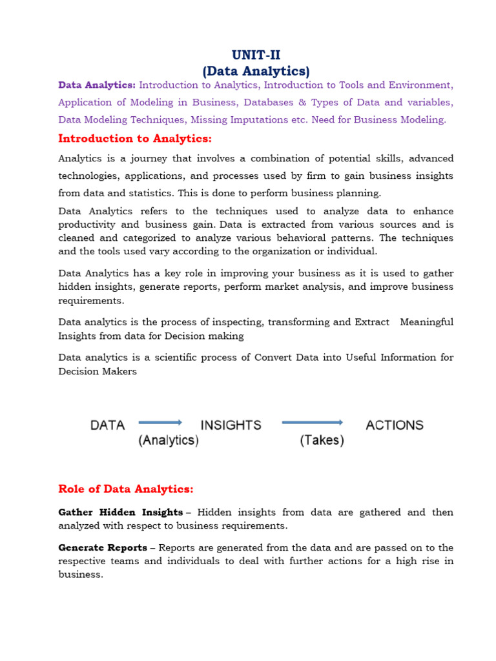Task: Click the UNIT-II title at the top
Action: tap(257, 56)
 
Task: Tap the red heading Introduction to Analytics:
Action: tap(135, 139)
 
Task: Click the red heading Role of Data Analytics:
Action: tap(126, 489)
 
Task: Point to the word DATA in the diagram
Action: tap(108, 425)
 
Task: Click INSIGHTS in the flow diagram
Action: tap(231, 425)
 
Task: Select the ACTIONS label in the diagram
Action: tap(395, 425)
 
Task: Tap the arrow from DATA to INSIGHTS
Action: tap(161, 423)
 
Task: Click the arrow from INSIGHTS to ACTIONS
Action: tap(312, 423)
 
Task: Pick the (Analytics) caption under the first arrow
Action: tap(169, 441)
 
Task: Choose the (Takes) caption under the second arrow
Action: tap(322, 441)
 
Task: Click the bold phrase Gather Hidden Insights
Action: tap(121, 512)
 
